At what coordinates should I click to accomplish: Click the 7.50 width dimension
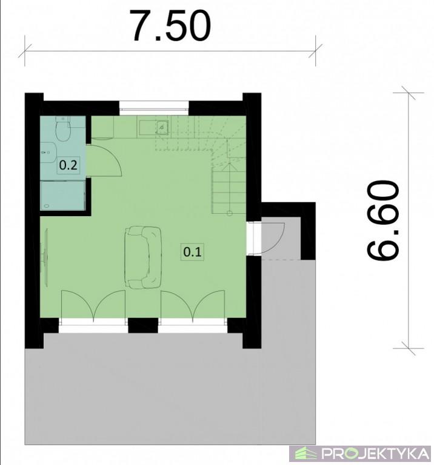(172, 26)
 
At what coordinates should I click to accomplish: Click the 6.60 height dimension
(382, 220)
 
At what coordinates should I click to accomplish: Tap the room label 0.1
(192, 252)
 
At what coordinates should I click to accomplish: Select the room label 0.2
(68, 165)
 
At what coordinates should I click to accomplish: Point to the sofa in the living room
(144, 257)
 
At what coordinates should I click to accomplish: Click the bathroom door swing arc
(106, 160)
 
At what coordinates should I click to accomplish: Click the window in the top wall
(154, 108)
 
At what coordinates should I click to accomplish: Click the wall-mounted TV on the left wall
(44, 257)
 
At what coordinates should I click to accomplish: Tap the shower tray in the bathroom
(63, 195)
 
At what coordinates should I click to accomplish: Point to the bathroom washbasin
(48, 153)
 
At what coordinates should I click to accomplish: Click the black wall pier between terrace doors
(143, 325)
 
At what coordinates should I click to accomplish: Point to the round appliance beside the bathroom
(102, 128)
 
